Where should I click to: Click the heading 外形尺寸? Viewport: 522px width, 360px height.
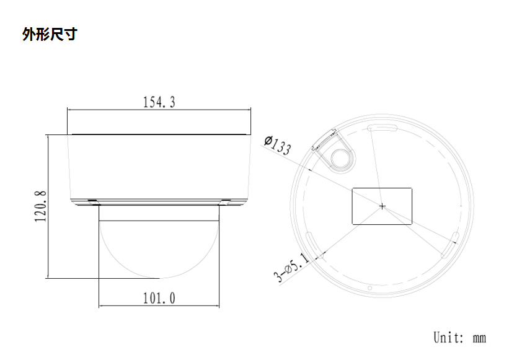tap(49, 34)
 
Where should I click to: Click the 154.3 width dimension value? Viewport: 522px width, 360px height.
tap(159, 103)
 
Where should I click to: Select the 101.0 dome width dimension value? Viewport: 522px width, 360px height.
tap(159, 299)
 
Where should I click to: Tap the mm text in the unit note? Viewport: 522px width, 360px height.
tap(479, 338)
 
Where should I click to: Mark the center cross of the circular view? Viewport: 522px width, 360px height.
tap(383, 206)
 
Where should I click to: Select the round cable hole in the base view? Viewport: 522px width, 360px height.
tap(340, 157)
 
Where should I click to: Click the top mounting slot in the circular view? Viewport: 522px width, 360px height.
tap(381, 127)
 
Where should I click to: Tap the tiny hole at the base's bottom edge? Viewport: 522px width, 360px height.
tap(369, 288)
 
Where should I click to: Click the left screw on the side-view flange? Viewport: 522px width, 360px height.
tap(92, 201)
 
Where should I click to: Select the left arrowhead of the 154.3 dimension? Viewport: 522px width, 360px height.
tap(70, 110)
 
